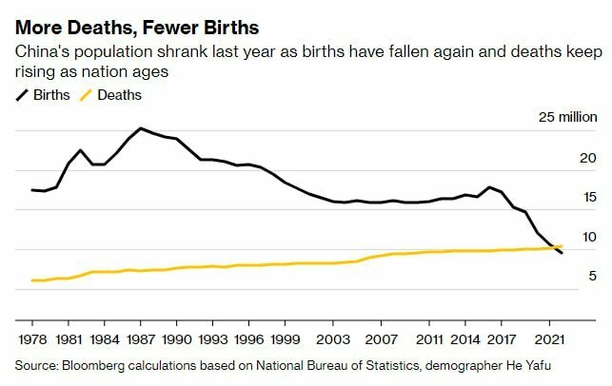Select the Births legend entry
point(51,94)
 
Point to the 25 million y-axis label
point(567,118)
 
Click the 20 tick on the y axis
point(587,158)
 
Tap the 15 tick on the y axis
point(588,198)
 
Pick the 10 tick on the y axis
point(588,237)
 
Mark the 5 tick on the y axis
point(591,277)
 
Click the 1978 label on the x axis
point(33,338)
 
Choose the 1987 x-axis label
point(141,338)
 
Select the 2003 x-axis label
point(331,338)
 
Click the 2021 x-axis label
point(547,338)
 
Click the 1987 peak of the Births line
point(141,127)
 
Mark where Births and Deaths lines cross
point(554,248)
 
